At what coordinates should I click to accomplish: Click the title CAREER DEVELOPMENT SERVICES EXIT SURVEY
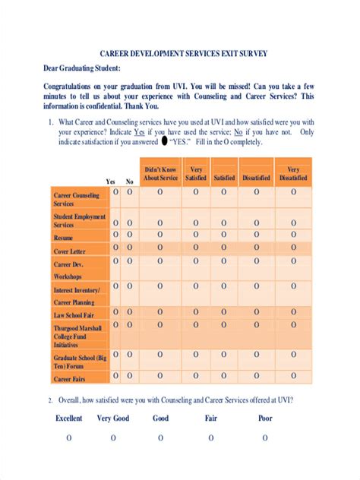184,54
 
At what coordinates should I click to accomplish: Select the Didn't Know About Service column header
159,173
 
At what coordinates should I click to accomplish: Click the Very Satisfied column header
195,173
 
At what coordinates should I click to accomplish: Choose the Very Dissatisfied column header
292,173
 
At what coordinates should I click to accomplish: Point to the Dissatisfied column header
256,178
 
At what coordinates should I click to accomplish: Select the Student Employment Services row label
80,221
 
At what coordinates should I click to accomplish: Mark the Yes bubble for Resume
116,235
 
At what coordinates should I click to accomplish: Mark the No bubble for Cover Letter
129,248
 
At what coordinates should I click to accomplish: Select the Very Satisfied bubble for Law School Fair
195,311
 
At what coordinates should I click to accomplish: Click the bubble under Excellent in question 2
69,438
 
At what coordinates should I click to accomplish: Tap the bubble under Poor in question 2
265,438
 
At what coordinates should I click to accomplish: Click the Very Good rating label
113,418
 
